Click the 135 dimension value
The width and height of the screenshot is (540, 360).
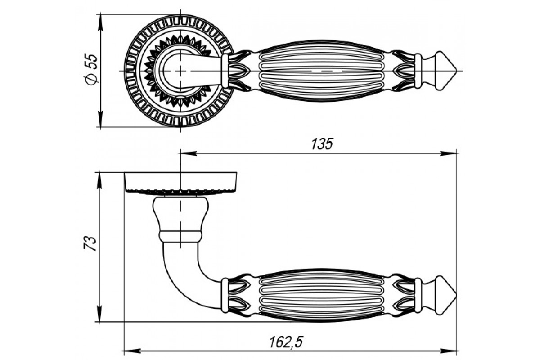322,144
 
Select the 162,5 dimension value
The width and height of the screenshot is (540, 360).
286,342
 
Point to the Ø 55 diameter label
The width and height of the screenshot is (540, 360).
92,69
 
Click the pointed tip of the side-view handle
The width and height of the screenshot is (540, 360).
457,295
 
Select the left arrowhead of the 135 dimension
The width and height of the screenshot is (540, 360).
189,153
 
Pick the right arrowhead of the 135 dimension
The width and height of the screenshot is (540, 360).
449,153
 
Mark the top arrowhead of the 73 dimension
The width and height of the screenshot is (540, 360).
100,180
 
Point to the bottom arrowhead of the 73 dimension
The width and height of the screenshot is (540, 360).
100,314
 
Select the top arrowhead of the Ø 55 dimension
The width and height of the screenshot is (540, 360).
101,22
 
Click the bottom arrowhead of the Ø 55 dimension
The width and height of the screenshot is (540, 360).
101,119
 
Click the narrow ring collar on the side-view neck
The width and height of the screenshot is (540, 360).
180,236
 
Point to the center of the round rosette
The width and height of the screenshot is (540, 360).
180,71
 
